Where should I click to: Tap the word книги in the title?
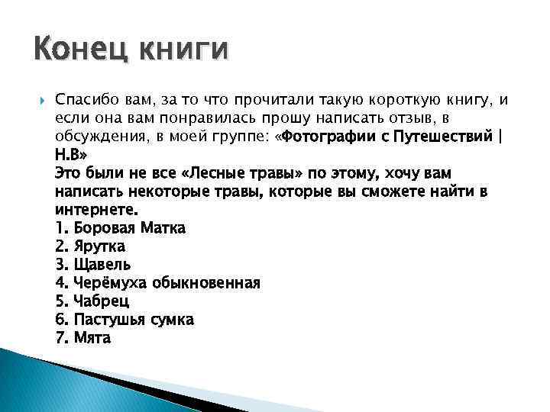[183, 51]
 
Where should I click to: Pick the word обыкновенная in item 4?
[207, 283]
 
